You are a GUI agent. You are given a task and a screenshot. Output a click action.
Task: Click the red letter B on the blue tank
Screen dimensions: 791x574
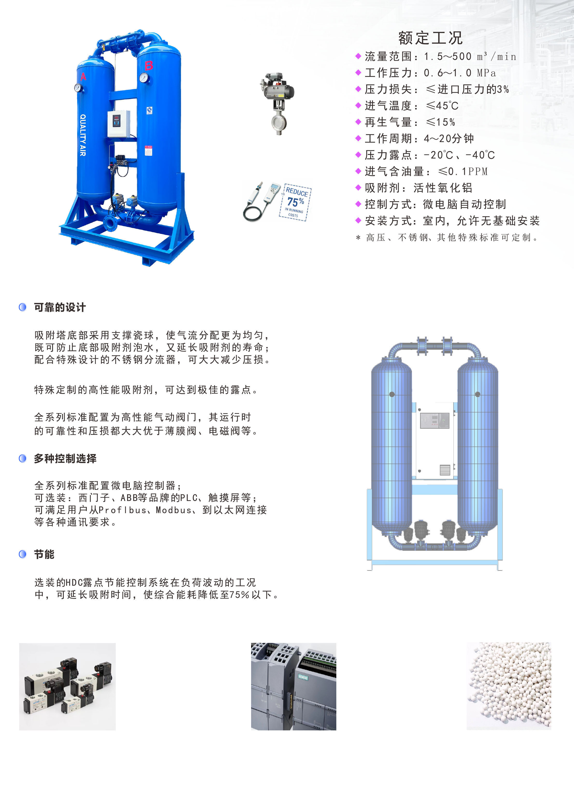[x=149, y=65]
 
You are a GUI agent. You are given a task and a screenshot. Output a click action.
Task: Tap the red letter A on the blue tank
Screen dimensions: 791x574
[x=83, y=76]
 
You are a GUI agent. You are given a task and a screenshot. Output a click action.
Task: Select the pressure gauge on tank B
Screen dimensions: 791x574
[x=144, y=78]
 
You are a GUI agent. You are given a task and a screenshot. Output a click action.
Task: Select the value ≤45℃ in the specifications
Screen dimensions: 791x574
[x=442, y=106]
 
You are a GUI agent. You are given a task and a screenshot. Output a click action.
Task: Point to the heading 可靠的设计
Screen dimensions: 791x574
[x=60, y=307]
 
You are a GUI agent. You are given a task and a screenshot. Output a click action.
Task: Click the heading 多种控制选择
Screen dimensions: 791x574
[x=65, y=458]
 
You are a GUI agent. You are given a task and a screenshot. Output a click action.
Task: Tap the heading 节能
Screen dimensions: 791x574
[x=44, y=554]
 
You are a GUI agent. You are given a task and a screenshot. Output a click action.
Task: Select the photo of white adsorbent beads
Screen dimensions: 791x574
[x=509, y=686]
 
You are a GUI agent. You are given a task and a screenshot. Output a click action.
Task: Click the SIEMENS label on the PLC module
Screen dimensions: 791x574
[x=303, y=677]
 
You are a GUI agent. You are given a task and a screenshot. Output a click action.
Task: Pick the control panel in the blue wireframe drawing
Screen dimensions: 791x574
[x=434, y=420]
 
